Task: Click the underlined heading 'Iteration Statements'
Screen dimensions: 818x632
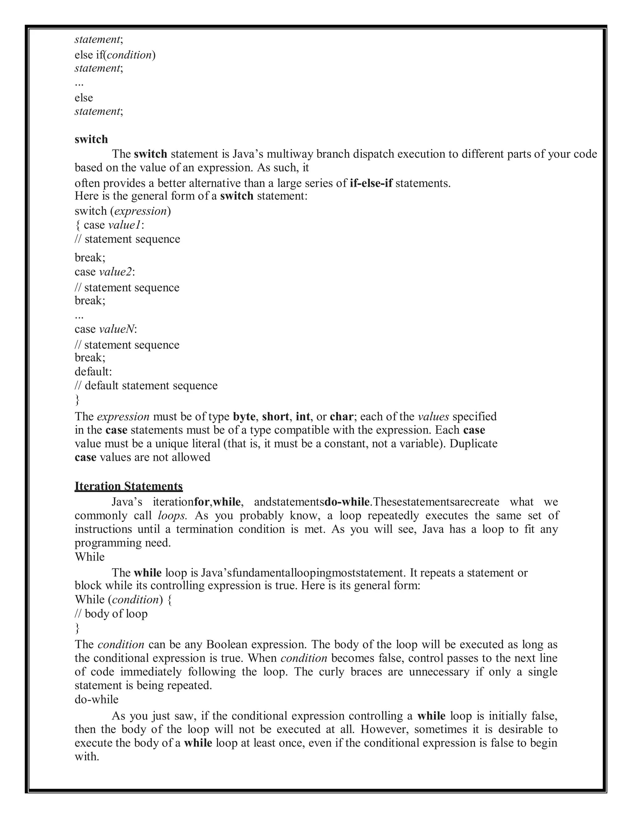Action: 129,486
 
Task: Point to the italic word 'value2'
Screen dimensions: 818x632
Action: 116,272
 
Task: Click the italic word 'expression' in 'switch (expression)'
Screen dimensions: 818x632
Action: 140,211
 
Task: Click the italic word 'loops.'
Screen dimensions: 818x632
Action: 172,516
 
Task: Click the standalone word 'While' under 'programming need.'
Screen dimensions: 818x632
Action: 90,557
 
